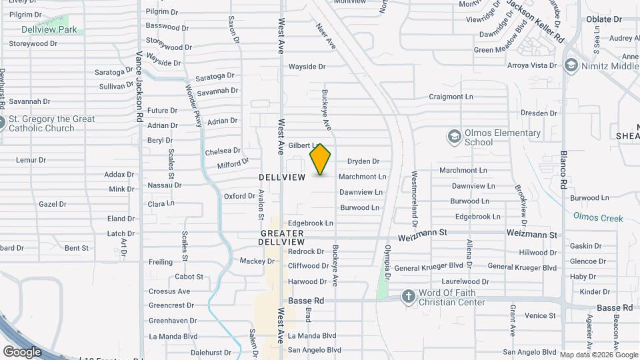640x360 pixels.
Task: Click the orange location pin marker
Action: [320, 159]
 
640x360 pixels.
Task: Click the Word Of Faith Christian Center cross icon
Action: [409, 296]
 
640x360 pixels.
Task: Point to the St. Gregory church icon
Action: [1, 123]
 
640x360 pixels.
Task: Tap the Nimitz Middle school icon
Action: [571, 65]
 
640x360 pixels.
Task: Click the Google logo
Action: [22, 351]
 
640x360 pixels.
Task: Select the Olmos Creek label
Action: [598, 218]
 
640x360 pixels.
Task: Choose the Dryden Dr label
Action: [363, 161]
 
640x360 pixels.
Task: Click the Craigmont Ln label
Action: [451, 97]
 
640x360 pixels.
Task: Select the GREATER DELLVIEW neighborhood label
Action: [282, 238]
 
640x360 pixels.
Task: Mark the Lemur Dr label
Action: [31, 160]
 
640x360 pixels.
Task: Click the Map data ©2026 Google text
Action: [597, 355]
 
